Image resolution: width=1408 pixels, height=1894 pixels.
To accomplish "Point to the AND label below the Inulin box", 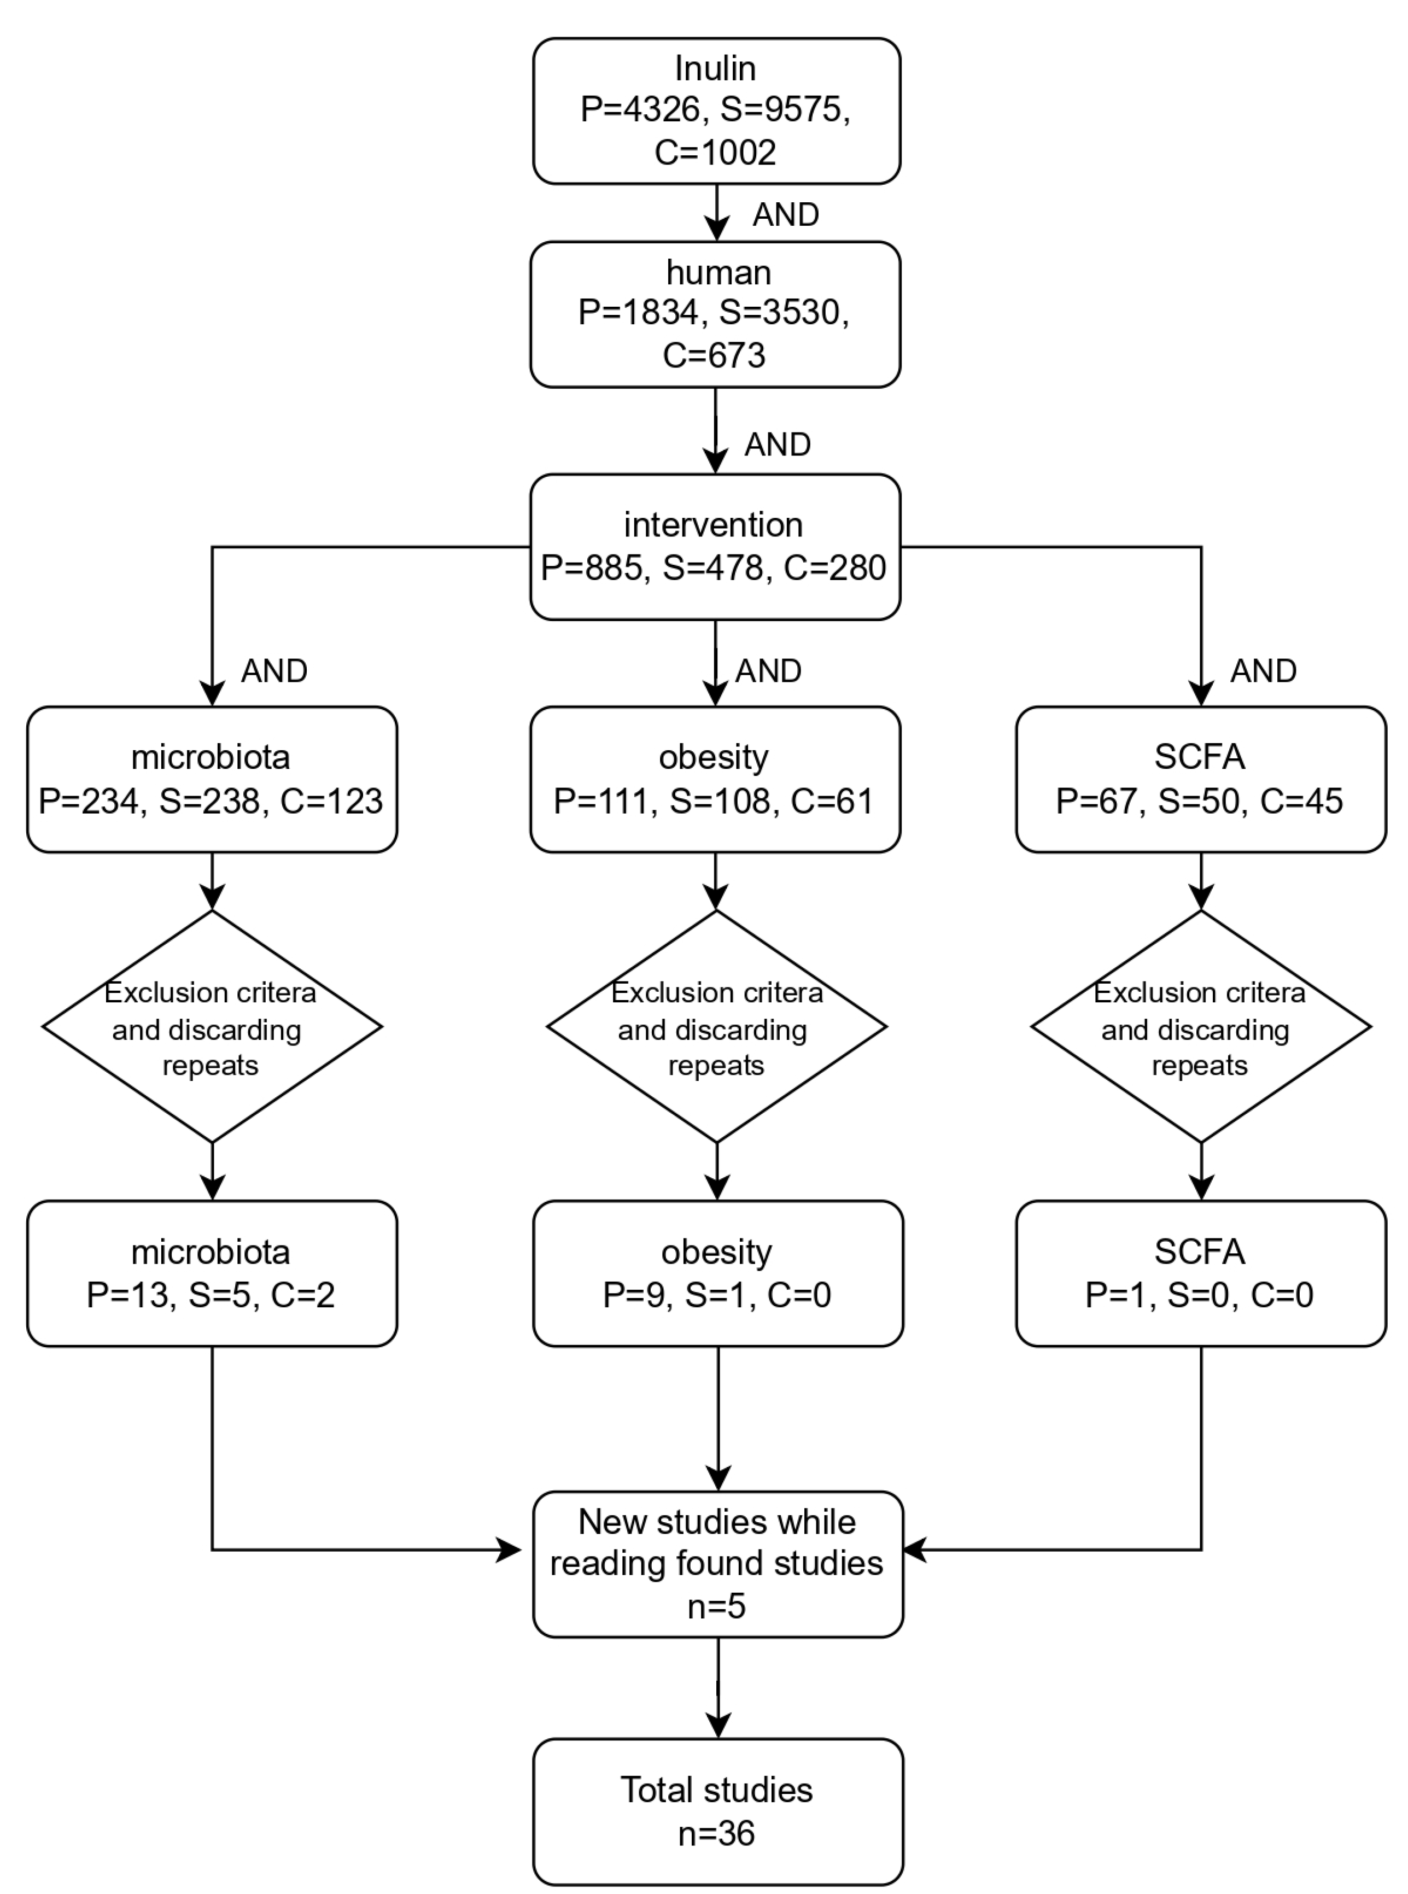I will click(x=785, y=215).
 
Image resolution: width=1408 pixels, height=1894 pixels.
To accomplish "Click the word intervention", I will click(x=714, y=525).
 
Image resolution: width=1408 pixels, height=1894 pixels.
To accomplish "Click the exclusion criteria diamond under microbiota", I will click(x=212, y=1027).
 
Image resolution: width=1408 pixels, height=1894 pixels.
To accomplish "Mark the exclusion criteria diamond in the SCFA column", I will click(x=1200, y=1027).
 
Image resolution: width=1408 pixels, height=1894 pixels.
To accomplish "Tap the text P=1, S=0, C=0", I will click(x=1199, y=1295).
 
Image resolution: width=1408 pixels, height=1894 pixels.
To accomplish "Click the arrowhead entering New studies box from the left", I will click(x=510, y=1550).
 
